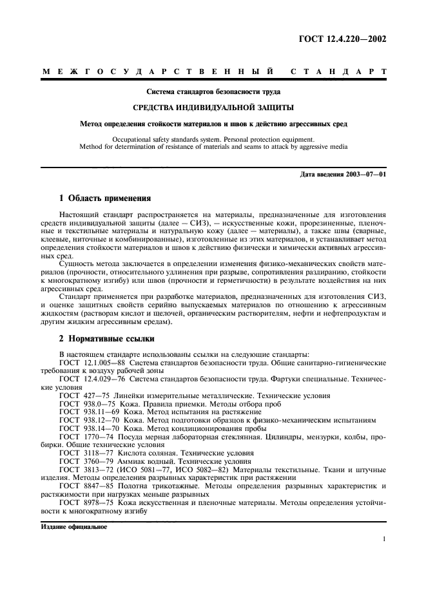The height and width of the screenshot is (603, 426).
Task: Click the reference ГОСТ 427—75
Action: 82,395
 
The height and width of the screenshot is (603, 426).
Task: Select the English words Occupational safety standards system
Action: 164,139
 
